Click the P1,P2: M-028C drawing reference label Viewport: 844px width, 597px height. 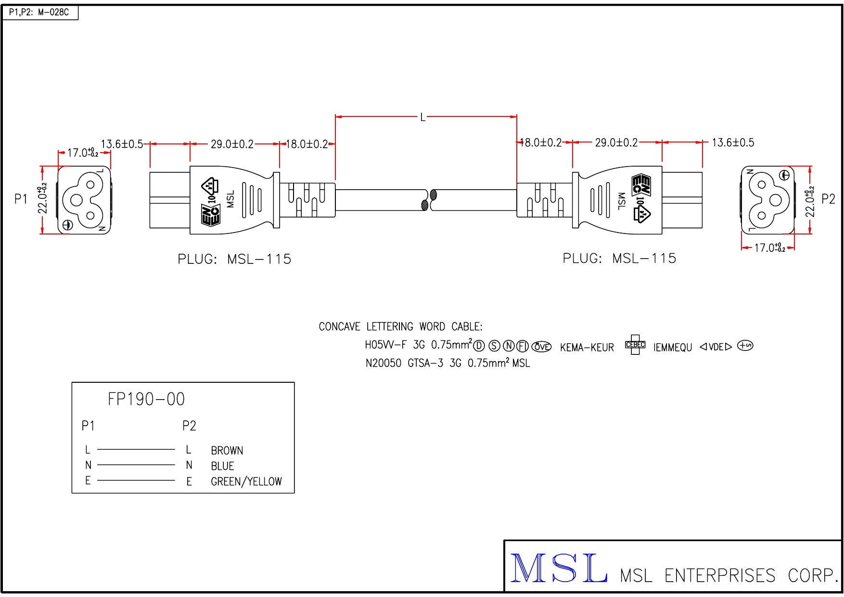pyautogui.click(x=39, y=13)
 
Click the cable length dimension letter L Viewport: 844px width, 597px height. pyautogui.click(x=423, y=117)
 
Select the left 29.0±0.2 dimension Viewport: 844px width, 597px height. pyautogui.click(x=232, y=144)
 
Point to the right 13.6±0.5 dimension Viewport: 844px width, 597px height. pyautogui.click(x=733, y=143)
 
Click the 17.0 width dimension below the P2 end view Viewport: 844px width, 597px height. pyautogui.click(x=769, y=248)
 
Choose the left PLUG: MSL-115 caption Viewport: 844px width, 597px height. pyautogui.click(x=234, y=259)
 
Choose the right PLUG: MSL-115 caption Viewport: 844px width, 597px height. pyautogui.click(x=619, y=259)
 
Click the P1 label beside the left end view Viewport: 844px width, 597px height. pyautogui.click(x=21, y=199)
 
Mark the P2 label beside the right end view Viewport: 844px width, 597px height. pyautogui.click(x=828, y=199)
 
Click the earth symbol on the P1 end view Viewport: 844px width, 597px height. pyautogui.click(x=67, y=224)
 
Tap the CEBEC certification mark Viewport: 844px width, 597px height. pyautogui.click(x=635, y=345)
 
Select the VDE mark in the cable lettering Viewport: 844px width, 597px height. pyautogui.click(x=716, y=347)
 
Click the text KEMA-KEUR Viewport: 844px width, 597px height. pyautogui.click(x=587, y=348)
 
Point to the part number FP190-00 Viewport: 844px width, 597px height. pyautogui.click(x=146, y=399)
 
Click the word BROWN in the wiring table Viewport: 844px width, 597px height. pyautogui.click(x=227, y=451)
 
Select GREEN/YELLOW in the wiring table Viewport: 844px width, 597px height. pyautogui.click(x=246, y=481)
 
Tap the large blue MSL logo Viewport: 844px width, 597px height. pyautogui.click(x=558, y=569)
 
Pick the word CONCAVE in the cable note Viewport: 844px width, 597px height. pyautogui.click(x=339, y=327)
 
